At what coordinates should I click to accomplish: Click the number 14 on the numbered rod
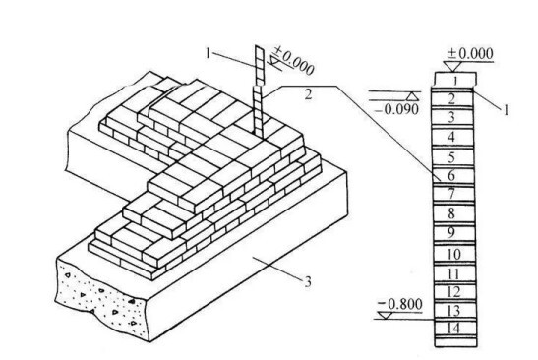point(453,329)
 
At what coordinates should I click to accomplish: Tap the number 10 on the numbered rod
point(453,255)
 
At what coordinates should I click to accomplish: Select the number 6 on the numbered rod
point(451,176)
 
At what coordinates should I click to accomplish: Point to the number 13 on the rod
point(453,311)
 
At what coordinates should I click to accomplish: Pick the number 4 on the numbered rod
point(451,137)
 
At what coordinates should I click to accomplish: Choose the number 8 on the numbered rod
point(451,213)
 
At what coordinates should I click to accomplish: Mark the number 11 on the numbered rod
point(453,274)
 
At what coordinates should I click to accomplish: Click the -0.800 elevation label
point(399,304)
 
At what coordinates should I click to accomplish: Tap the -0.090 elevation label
point(397,109)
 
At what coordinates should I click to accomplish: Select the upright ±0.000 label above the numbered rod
point(470,53)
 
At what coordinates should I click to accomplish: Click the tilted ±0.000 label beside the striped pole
point(294,62)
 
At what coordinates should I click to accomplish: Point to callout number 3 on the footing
point(308,281)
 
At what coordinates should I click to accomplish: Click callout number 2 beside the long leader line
point(309,94)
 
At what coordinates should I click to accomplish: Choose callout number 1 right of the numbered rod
point(506,110)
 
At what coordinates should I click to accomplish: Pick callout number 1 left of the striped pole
point(208,53)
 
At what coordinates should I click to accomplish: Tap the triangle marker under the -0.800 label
point(386,315)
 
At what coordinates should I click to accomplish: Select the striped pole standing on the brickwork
point(259,90)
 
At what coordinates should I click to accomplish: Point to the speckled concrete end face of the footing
point(99,299)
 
